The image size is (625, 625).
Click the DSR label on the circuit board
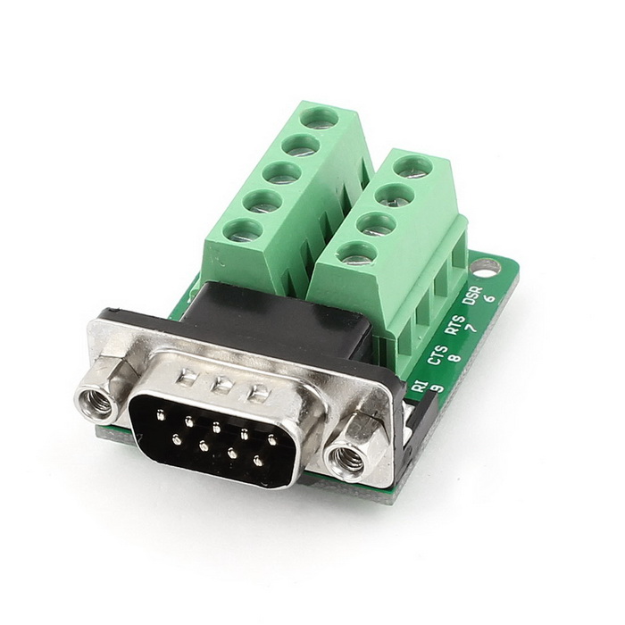click(x=472, y=296)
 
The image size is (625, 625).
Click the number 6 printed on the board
click(x=490, y=298)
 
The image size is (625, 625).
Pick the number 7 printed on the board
click(x=472, y=328)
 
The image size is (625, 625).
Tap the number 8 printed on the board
click(x=454, y=356)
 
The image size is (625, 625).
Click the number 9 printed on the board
click(x=437, y=387)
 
